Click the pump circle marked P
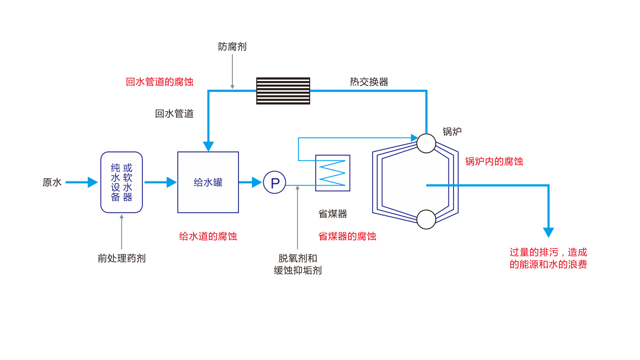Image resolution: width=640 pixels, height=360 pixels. tap(275, 182)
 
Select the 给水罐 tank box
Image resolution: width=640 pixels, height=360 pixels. tap(208, 182)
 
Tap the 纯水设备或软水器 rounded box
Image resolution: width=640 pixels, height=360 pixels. tap(121, 182)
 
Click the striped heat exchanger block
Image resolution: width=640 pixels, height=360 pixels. tap(283, 91)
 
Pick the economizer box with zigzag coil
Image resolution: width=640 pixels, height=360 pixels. tap(333, 173)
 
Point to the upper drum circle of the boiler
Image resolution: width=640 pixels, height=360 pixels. tap(426, 143)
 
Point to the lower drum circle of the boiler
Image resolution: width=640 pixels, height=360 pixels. tap(426, 219)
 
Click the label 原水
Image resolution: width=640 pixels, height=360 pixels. tap(52, 182)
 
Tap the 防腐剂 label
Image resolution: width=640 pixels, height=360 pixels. tap(232, 47)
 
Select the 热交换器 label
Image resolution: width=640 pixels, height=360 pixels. tap(369, 82)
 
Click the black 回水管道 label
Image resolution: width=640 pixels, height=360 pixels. tap(174, 114)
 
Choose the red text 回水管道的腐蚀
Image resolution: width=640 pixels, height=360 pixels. tap(159, 82)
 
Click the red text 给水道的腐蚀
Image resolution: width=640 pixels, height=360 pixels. tap(208, 236)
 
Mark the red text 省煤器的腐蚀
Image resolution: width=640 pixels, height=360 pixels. tap(347, 236)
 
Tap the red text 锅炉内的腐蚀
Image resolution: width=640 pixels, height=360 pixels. tap(494, 162)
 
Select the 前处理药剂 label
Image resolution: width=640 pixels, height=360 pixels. tap(121, 258)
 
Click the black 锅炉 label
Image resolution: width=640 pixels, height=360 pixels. tap(452, 132)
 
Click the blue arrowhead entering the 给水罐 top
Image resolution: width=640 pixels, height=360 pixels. tap(208, 146)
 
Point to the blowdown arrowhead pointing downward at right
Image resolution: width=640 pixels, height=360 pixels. tap(549, 232)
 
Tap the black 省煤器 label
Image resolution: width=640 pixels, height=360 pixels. tap(333, 214)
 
